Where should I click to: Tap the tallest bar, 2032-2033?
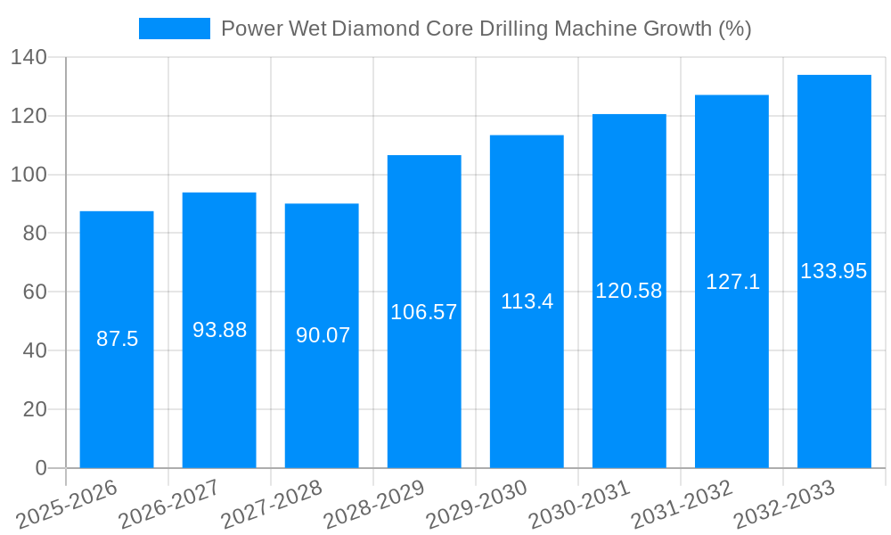click(834, 357)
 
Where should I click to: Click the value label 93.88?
click(219, 330)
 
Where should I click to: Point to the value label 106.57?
click(424, 312)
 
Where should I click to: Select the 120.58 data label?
click(629, 291)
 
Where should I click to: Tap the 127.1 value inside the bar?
click(732, 282)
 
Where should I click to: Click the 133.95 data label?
click(834, 271)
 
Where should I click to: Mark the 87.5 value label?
click(117, 339)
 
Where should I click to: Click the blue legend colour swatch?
click(175, 29)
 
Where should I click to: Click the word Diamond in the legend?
click(372, 29)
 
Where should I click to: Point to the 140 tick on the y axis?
click(29, 58)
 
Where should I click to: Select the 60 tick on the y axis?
click(35, 292)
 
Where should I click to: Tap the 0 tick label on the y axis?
click(41, 468)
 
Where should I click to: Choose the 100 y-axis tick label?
click(29, 175)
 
